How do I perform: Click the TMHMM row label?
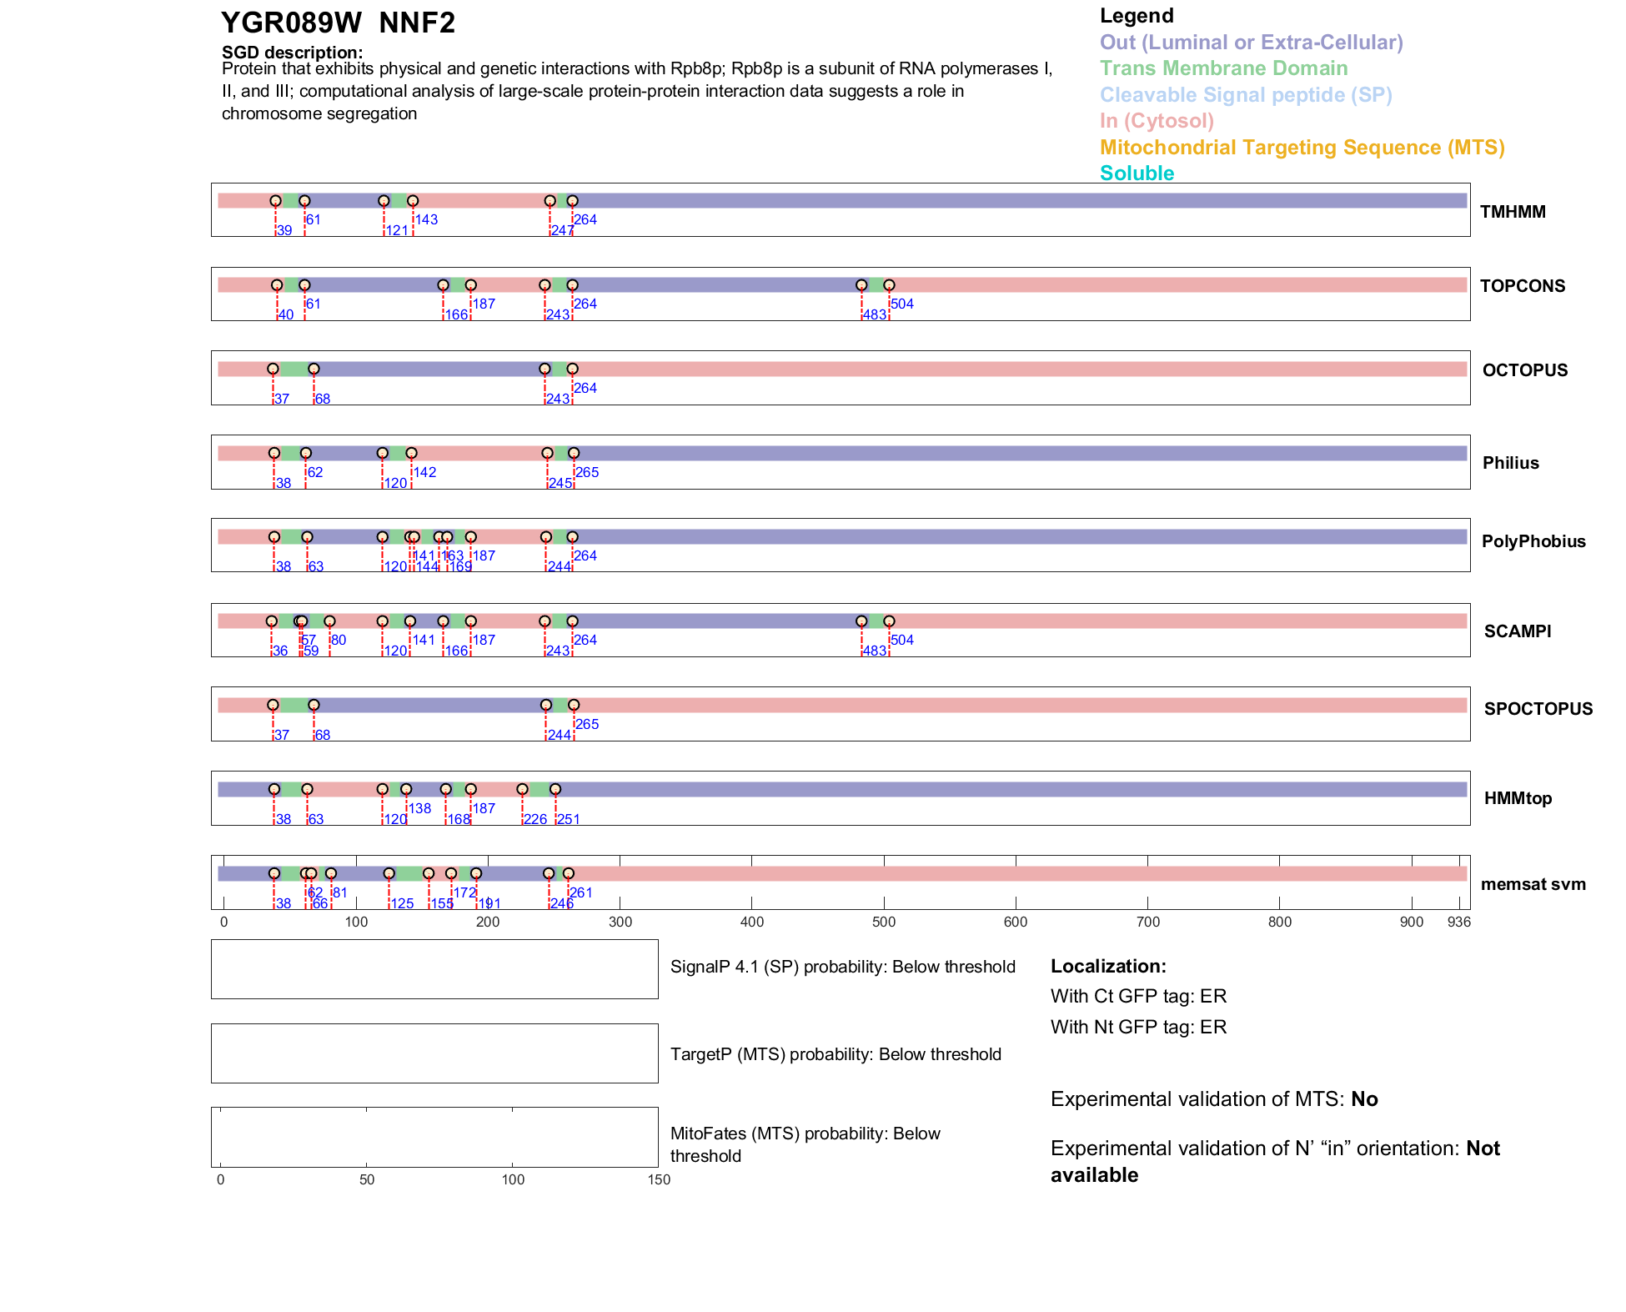(1512, 212)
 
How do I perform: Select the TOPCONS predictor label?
(1522, 286)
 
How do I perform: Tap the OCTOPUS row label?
(1524, 370)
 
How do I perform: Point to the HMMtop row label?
(1518, 798)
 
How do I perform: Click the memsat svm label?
(1533, 884)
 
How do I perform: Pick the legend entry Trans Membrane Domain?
(1223, 68)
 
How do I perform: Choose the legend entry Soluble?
(1137, 173)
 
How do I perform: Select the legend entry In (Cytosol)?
(1157, 121)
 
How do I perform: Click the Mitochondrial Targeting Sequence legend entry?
(1302, 148)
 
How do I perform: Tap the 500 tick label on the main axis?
(884, 922)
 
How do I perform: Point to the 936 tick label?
(1458, 922)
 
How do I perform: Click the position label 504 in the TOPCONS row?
(901, 304)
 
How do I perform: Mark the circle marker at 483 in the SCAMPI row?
(861, 621)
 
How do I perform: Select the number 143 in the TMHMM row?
(426, 219)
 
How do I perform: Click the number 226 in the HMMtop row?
(535, 819)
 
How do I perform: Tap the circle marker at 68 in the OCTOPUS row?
(314, 369)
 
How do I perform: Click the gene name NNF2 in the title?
(417, 23)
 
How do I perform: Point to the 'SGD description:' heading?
(292, 53)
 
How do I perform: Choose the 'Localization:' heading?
(1108, 966)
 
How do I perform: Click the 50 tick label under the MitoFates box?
(367, 1179)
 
